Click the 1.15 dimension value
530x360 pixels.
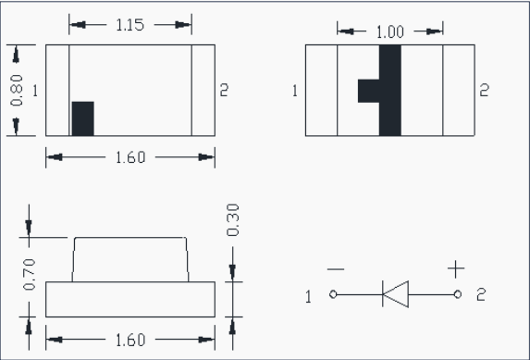click(130, 25)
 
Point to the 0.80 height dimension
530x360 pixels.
click(17, 91)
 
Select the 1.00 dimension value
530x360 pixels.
click(390, 32)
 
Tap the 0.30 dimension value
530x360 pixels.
click(233, 219)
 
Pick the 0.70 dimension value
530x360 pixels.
click(29, 275)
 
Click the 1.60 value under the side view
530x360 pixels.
click(130, 340)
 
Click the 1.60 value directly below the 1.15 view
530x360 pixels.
click(130, 157)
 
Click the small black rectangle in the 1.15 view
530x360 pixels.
click(83, 118)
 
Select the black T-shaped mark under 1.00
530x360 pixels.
click(390, 91)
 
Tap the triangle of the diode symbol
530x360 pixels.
click(396, 294)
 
